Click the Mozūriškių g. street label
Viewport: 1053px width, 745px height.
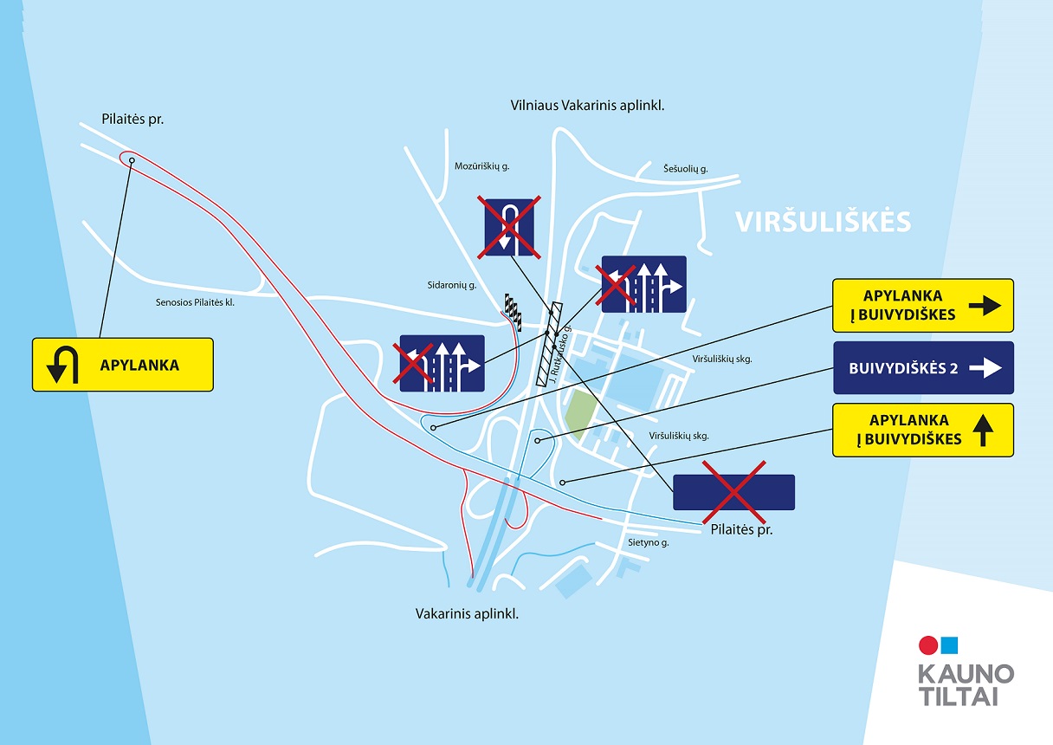(x=481, y=166)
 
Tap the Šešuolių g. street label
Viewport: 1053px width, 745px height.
(x=685, y=169)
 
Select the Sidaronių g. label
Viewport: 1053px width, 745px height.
(x=452, y=285)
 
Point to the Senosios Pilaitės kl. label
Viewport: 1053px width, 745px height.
(x=195, y=302)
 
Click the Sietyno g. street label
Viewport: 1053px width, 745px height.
(x=649, y=543)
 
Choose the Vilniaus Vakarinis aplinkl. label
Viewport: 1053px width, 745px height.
(x=588, y=106)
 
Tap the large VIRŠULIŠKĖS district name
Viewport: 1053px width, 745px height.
(x=824, y=222)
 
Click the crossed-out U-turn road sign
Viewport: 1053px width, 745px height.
(x=509, y=228)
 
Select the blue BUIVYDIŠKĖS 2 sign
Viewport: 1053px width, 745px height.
(x=923, y=368)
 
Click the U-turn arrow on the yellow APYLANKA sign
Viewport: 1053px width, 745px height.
(x=62, y=365)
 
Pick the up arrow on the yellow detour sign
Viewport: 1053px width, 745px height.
(x=983, y=431)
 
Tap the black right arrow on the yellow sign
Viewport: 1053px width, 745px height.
(x=985, y=306)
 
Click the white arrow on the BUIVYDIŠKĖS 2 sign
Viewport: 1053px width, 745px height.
(x=985, y=368)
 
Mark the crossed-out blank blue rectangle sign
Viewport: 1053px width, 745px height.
(x=733, y=492)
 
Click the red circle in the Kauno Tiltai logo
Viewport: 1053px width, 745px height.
(x=928, y=645)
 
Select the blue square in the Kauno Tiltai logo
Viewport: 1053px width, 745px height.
(x=949, y=645)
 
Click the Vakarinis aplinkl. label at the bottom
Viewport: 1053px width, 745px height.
(x=467, y=614)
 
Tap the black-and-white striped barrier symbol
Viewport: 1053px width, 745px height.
(x=513, y=311)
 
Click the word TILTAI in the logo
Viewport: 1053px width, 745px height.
(x=959, y=697)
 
